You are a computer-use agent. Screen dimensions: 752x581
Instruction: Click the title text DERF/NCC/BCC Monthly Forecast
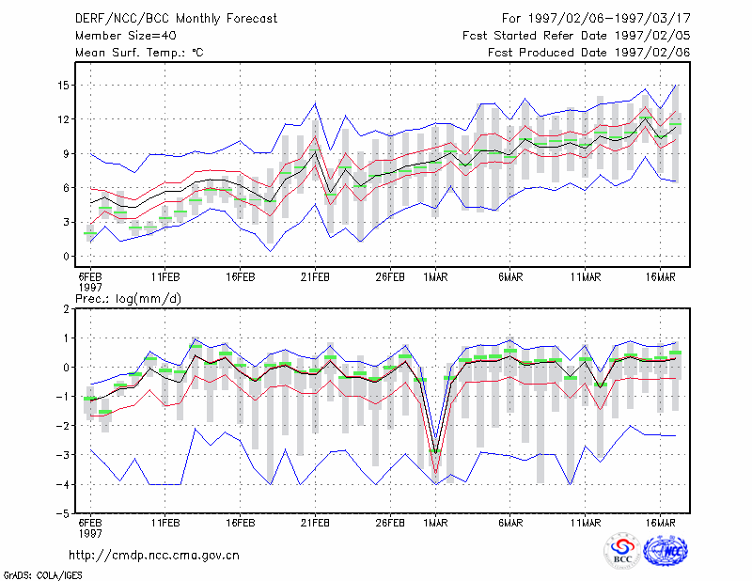(176, 19)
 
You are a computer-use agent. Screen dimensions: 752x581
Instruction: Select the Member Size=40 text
(126, 36)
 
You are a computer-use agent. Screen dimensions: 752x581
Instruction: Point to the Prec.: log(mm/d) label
(128, 299)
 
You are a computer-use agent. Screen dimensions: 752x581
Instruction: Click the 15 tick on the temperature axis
(63, 86)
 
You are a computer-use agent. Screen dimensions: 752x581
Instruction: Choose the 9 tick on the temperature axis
(66, 154)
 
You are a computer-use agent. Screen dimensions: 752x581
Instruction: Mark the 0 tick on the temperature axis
(66, 257)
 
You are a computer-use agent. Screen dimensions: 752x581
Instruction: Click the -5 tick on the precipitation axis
(63, 514)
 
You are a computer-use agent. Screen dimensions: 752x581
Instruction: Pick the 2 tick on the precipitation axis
(66, 309)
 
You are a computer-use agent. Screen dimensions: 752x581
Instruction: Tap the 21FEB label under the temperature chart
(315, 277)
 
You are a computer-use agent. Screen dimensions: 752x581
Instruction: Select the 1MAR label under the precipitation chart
(435, 523)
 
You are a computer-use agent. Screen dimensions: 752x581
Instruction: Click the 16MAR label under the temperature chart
(661, 277)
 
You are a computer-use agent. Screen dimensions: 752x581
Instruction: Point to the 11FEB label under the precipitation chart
(165, 523)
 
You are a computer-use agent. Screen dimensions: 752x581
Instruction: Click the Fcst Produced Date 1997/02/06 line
(589, 53)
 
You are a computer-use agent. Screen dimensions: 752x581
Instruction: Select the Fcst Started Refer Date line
(576, 36)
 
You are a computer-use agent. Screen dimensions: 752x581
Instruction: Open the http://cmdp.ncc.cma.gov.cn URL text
(154, 556)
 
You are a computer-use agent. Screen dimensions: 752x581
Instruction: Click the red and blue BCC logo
(622, 551)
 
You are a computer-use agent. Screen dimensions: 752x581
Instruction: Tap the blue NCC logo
(666, 551)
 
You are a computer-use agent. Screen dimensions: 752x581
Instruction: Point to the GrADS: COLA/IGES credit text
(43, 575)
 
